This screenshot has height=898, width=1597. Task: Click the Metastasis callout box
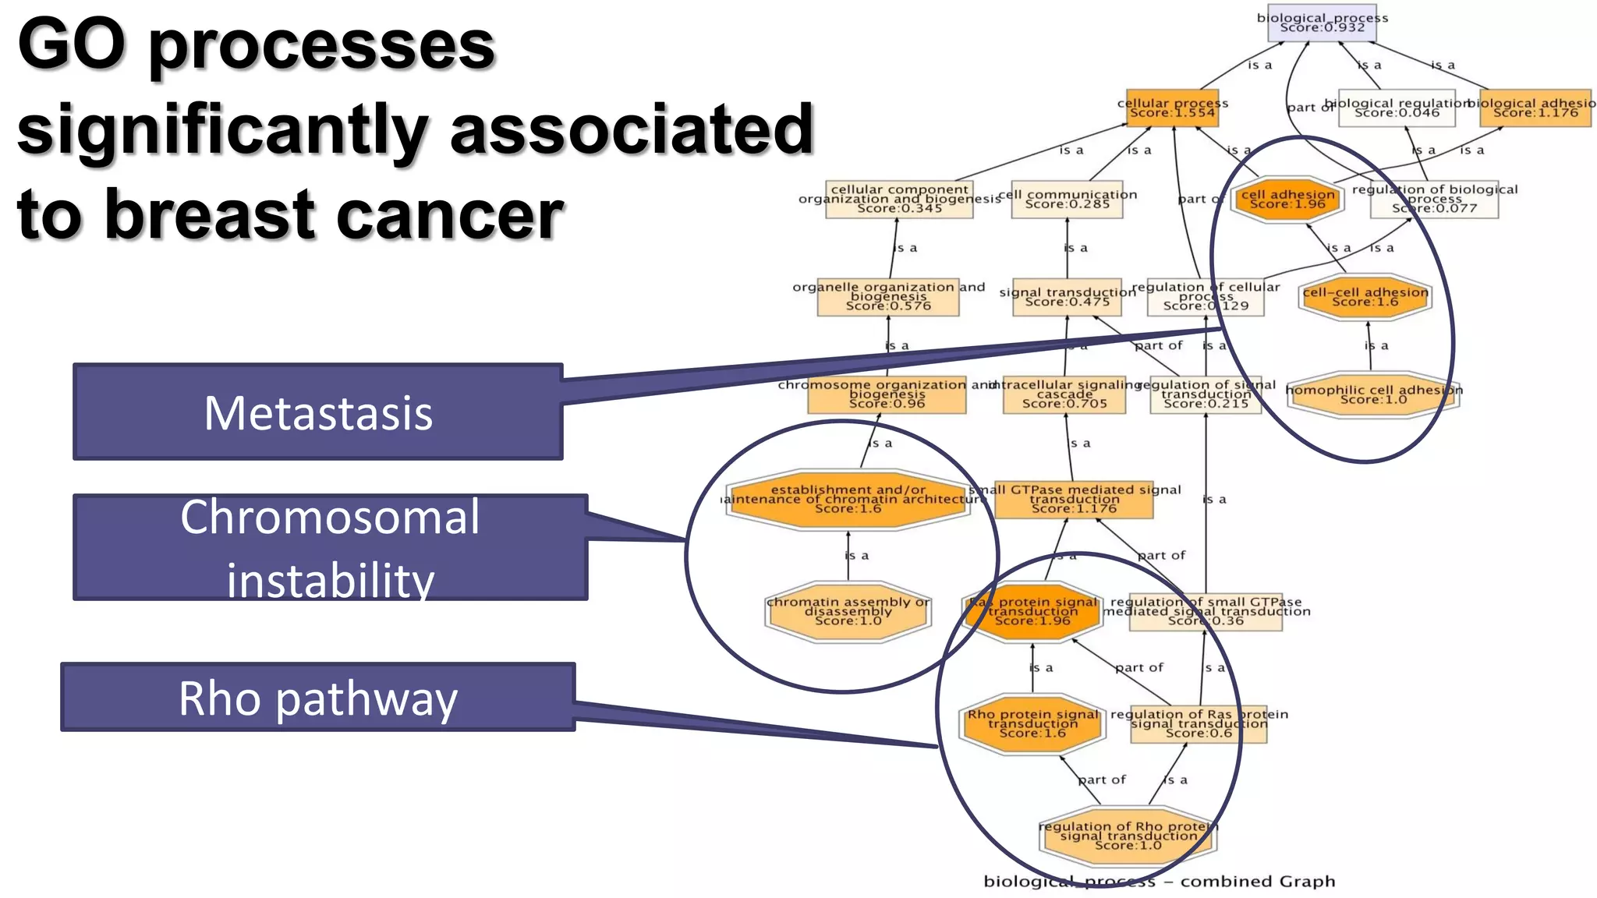pyautogui.click(x=318, y=412)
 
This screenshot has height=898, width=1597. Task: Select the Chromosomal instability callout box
pyautogui.click(x=330, y=547)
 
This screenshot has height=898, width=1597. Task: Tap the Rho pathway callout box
pyautogui.click(x=318, y=697)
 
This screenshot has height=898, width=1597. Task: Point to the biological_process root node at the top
pyautogui.click(x=1323, y=23)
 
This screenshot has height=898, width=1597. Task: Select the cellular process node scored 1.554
pyautogui.click(x=1173, y=108)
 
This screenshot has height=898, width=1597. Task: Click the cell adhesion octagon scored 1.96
pyautogui.click(x=1287, y=200)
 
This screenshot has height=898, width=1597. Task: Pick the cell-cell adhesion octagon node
pyautogui.click(x=1365, y=297)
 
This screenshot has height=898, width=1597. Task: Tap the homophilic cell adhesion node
pyautogui.click(x=1373, y=394)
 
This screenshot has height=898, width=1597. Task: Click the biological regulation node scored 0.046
pyautogui.click(x=1397, y=108)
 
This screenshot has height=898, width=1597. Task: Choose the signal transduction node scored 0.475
pyautogui.click(x=1067, y=297)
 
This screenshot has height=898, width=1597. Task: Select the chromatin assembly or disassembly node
pyautogui.click(x=848, y=611)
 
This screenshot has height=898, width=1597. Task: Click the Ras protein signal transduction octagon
pyautogui.click(x=1033, y=611)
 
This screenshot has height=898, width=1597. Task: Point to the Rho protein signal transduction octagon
pyautogui.click(x=1032, y=723)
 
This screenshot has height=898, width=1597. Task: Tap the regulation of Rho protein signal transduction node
pyautogui.click(x=1128, y=836)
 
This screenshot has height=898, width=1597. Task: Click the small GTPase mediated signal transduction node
pyautogui.click(x=1074, y=500)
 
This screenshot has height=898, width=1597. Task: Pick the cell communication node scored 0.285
pyautogui.click(x=1067, y=200)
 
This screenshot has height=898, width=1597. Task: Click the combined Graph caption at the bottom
pyautogui.click(x=1159, y=882)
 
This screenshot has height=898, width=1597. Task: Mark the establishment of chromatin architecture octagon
pyautogui.click(x=848, y=500)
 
